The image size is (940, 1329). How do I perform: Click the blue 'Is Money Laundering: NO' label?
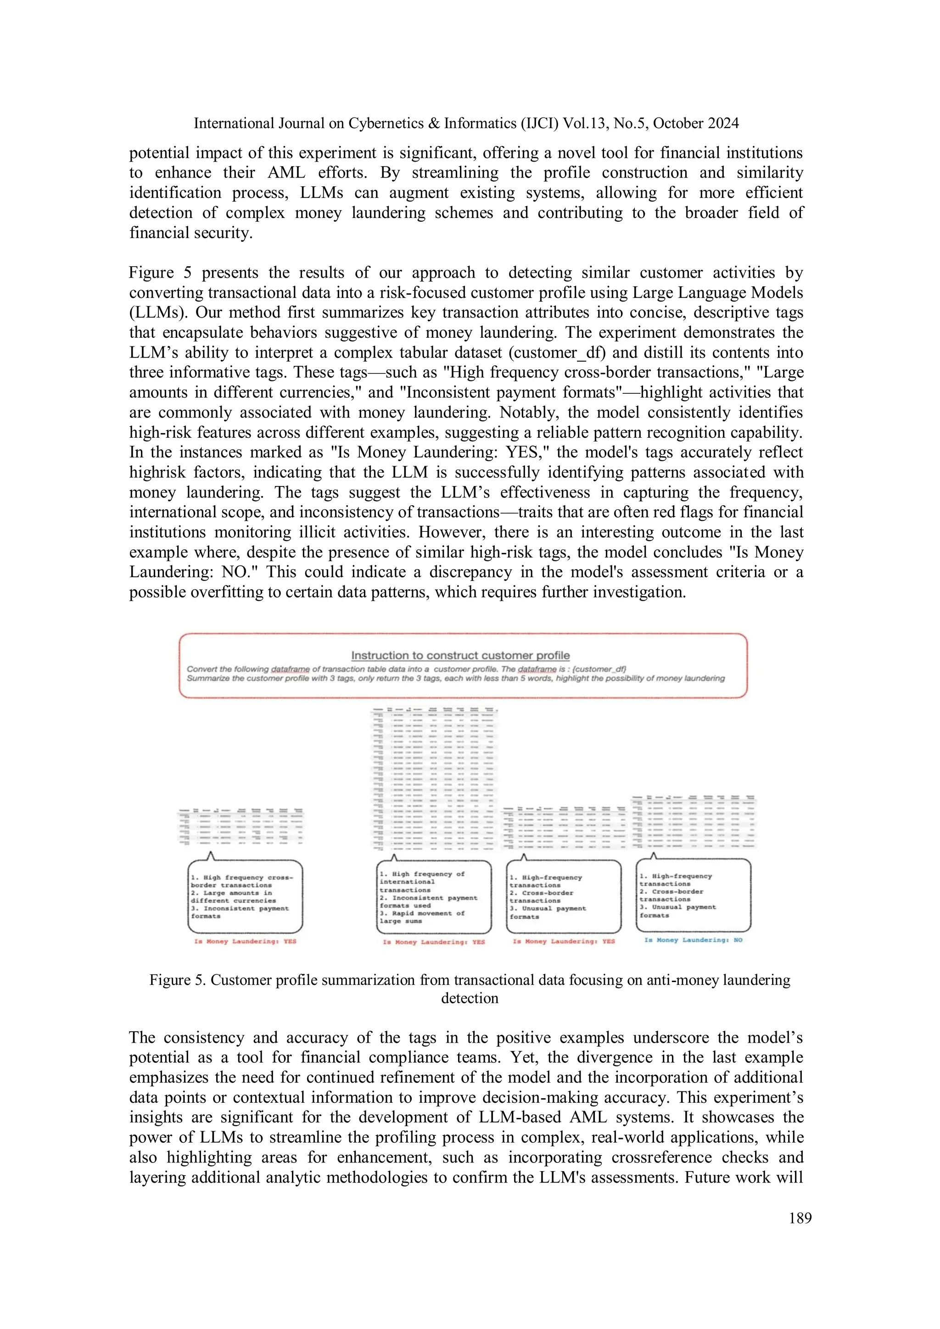pos(693,940)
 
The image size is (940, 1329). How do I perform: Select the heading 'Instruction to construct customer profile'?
pos(460,655)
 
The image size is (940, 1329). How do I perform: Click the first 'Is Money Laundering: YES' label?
pos(245,941)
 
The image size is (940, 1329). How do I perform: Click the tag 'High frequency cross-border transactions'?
pos(242,881)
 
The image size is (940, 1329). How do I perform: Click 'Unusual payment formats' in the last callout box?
pos(678,911)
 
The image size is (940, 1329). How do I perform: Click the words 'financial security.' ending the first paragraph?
pos(191,233)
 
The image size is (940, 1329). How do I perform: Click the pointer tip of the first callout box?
pos(211,853)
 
